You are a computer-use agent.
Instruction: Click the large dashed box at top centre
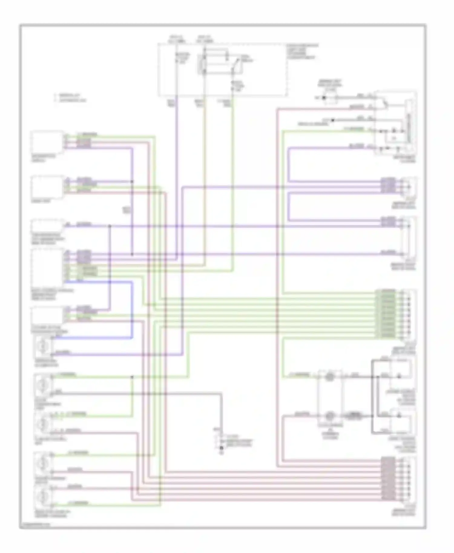tap(222, 70)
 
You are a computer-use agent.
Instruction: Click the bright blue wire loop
tap(132, 309)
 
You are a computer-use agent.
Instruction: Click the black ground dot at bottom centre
tap(221, 447)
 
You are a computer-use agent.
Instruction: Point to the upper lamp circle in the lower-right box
tap(330, 377)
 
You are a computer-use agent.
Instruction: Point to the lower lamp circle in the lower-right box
tap(330, 416)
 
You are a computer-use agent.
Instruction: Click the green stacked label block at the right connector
tap(386, 313)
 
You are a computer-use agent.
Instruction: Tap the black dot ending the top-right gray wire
tap(324, 98)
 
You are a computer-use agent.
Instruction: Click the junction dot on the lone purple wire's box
tap(110, 226)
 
